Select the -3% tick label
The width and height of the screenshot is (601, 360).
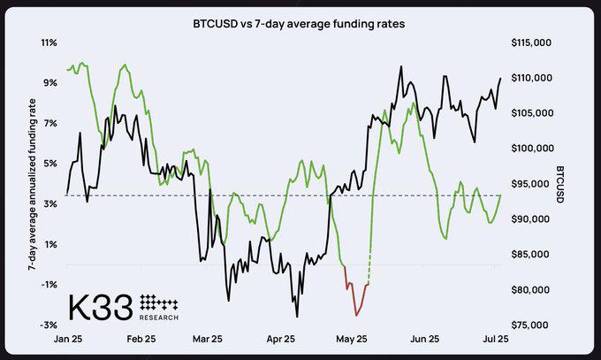click(49, 325)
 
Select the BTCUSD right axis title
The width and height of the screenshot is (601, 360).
click(560, 183)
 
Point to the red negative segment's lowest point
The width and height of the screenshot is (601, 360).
click(356, 314)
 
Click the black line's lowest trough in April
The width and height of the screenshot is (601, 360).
click(297, 316)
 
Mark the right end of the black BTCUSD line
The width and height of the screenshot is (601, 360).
click(500, 79)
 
